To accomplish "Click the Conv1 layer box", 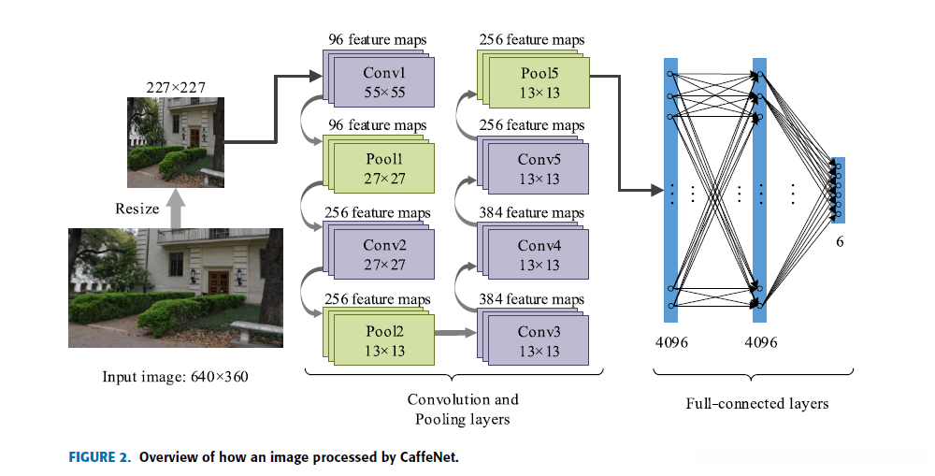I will point(383,82).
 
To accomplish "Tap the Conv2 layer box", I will point(383,254).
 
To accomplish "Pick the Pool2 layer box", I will point(383,340).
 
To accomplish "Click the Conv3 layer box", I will point(539,340).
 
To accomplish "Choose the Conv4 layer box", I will point(539,254).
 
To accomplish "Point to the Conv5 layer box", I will point(539,168).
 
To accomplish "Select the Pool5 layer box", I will point(539,82).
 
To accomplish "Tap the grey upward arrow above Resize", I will point(177,208).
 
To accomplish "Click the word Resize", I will point(137,209).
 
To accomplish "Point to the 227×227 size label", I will point(176,88).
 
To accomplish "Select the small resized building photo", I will point(177,143).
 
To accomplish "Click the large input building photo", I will point(175,287).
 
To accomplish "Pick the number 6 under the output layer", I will point(840,242).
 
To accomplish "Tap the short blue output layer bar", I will point(839,190).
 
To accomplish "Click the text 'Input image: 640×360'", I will point(176,377).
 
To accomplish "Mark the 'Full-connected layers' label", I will point(757,404).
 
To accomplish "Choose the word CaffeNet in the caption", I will point(430,457).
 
